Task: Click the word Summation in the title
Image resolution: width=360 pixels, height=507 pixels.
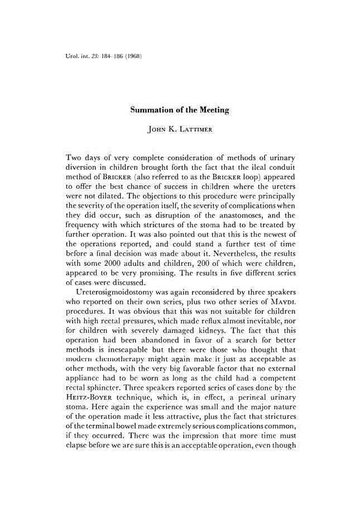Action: click(152, 110)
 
